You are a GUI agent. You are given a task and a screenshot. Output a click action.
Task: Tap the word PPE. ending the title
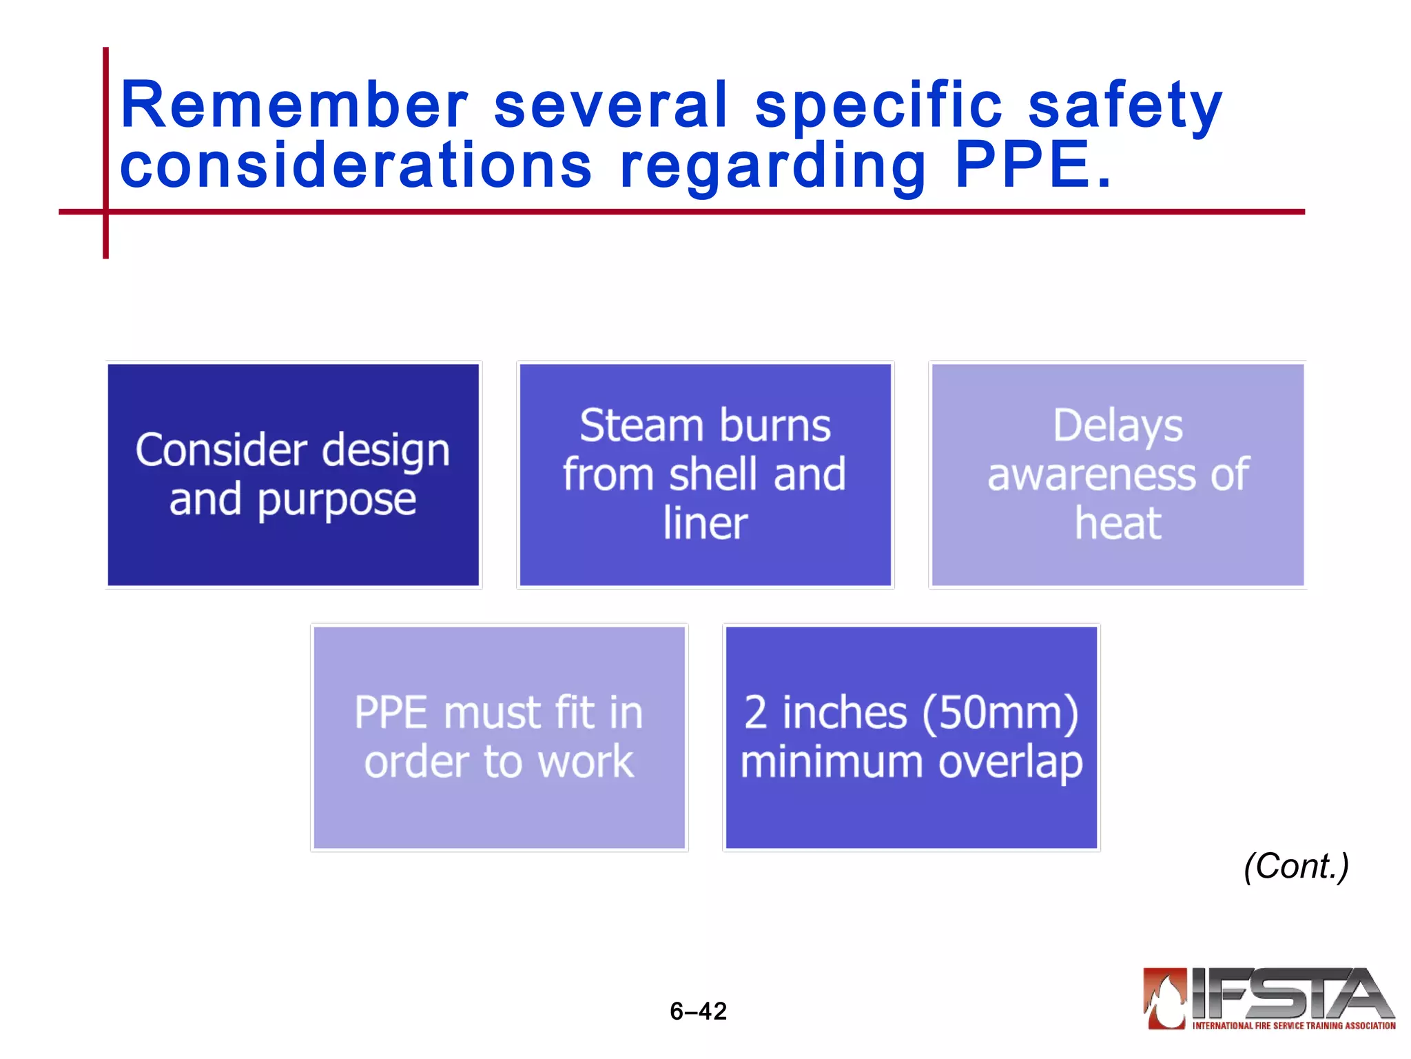pos(1033,165)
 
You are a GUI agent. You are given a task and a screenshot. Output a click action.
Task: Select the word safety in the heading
pos(1125,107)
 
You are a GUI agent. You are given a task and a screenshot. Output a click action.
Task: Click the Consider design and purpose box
pos(293,474)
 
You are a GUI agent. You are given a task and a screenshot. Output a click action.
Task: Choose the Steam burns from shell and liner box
pos(705,474)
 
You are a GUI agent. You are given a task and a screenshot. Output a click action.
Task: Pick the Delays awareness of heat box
pos(1118,474)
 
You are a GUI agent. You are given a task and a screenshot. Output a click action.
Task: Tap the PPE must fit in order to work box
pos(499,737)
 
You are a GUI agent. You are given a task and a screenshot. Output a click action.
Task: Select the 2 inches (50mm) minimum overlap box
pos(911,737)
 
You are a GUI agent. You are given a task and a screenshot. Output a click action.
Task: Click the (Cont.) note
pos(1296,866)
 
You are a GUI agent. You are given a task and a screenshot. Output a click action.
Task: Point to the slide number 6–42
pos(698,1011)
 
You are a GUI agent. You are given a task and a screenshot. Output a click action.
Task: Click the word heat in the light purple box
pos(1118,523)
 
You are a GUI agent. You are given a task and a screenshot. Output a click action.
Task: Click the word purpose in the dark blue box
pos(337,500)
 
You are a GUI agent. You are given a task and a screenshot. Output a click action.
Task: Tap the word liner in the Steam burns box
pos(705,523)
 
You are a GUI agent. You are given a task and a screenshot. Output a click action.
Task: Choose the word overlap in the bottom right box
pos(1011,763)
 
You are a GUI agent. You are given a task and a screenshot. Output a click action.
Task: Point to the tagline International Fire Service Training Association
pos(1294,1026)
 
